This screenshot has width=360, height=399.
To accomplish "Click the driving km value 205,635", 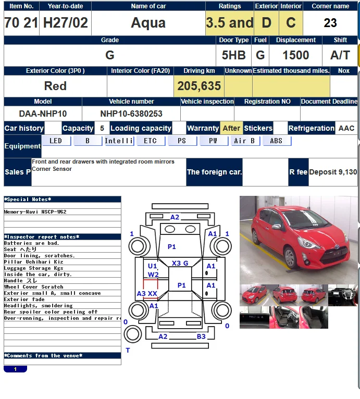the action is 199,86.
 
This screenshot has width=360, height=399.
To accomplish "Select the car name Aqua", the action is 148,23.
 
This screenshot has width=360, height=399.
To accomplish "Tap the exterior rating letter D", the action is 267,22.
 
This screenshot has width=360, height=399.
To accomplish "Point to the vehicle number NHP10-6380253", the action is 131,114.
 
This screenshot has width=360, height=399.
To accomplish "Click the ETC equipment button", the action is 151,141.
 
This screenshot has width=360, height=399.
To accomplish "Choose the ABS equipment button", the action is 277,141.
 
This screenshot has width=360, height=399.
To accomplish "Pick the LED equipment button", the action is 56,141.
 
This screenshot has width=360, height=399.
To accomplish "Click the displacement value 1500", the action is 295,55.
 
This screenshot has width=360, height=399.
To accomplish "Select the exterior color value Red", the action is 55,86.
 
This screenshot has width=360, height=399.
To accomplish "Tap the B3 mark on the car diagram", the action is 201,336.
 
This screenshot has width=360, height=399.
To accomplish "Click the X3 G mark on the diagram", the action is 180,263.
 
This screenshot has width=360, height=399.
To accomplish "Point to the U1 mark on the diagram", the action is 153,266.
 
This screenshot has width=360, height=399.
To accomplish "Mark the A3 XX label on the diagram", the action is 147,294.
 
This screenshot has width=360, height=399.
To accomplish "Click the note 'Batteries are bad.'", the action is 32,243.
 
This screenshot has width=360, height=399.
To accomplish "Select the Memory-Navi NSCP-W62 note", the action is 35,211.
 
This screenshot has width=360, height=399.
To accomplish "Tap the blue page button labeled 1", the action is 15,369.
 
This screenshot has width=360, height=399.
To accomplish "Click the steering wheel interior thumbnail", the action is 343,295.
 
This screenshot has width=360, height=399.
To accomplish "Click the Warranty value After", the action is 231,128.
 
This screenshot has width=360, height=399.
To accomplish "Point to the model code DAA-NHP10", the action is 43,114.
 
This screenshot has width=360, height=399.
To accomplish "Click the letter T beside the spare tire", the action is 128,351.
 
